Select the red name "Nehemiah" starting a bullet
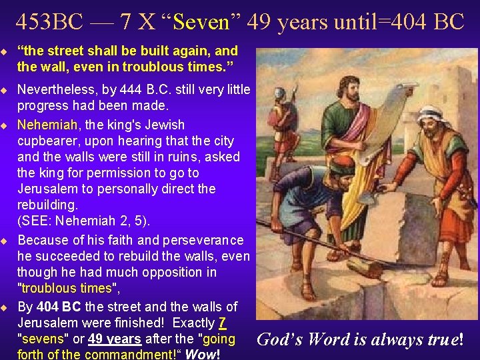point(44,125)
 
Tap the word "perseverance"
point(200,240)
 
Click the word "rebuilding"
point(49,205)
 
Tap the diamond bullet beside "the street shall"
point(5,51)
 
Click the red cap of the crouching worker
point(343,163)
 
